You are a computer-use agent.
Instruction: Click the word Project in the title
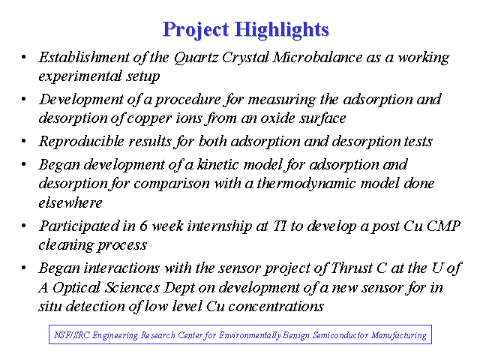click(x=196, y=30)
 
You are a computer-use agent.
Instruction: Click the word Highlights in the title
click(x=282, y=30)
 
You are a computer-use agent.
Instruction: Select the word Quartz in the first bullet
click(x=196, y=58)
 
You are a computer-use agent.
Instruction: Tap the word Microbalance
click(x=317, y=57)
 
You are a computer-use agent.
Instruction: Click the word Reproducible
click(x=82, y=141)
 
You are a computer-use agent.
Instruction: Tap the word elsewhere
click(x=70, y=203)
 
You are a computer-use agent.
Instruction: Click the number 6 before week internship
click(x=143, y=226)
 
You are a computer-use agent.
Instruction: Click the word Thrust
click(x=352, y=268)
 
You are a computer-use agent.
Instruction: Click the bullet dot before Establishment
click(x=23, y=57)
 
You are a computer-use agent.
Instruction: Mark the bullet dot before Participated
click(x=23, y=226)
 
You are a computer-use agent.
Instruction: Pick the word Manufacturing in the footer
click(x=399, y=335)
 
